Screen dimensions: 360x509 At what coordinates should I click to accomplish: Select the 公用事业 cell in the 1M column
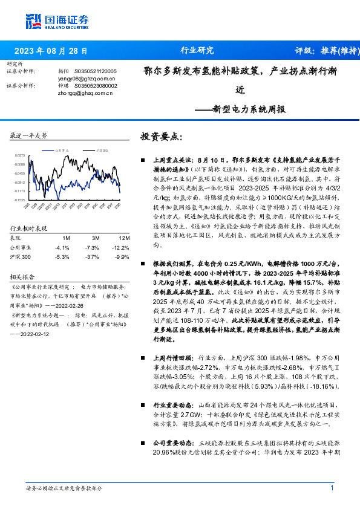62,247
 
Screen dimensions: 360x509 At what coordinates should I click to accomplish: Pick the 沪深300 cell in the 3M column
92,256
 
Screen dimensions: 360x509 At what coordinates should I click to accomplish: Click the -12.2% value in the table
122,247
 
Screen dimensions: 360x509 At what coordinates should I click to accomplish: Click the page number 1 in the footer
332,488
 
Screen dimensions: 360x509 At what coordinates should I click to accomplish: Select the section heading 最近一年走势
28,135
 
